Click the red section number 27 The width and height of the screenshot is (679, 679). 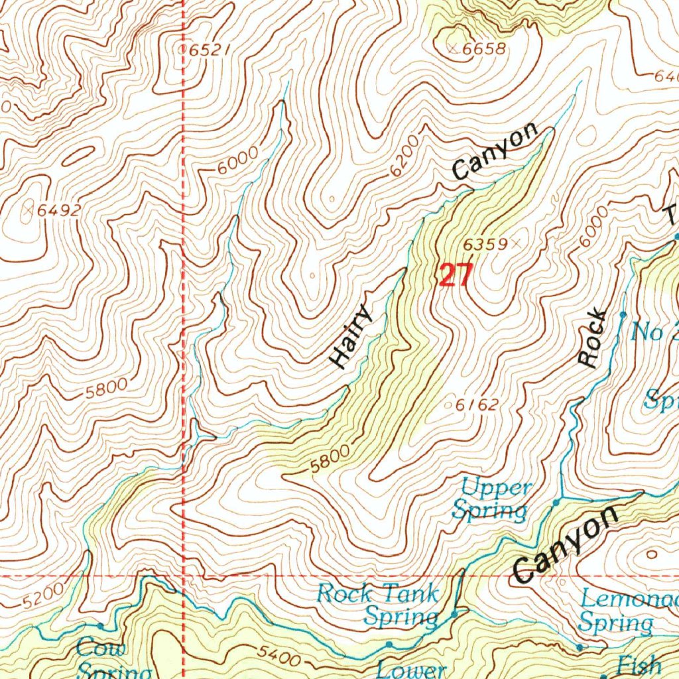(455, 275)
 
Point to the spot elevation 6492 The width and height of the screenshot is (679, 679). (58, 211)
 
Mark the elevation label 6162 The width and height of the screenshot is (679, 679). (476, 404)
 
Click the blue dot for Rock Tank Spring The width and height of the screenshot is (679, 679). (454, 615)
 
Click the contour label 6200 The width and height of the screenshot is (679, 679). (404, 156)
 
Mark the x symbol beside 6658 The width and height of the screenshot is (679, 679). (453, 48)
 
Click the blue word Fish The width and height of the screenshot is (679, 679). (639, 664)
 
